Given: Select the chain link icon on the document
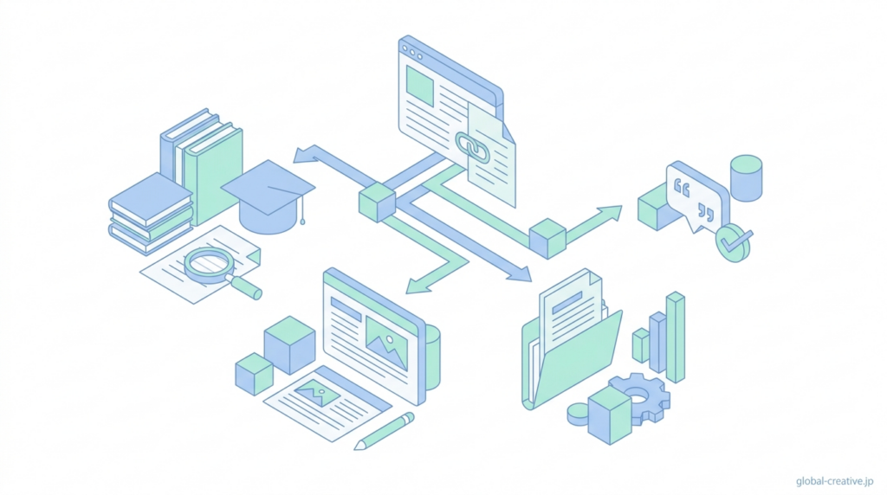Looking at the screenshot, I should pos(473,148).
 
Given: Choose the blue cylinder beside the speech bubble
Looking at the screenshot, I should pos(746,178).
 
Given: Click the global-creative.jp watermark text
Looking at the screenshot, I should pos(835,480).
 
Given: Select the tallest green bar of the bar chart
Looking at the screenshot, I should pos(676,337).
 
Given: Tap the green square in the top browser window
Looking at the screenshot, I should pos(420,87).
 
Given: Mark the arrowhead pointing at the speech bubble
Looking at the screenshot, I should pos(611,211).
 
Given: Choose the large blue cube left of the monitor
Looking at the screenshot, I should pos(289,344).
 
